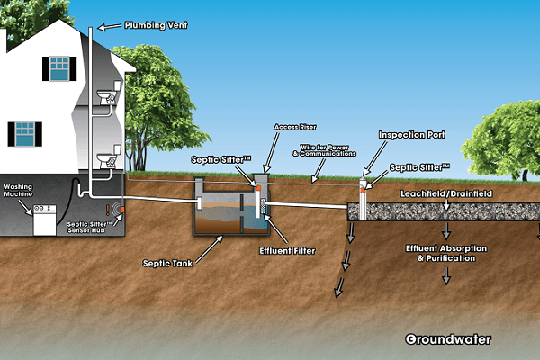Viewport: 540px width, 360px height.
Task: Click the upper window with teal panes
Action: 58,67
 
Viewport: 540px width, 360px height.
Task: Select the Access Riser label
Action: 292,129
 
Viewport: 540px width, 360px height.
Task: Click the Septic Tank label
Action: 164,264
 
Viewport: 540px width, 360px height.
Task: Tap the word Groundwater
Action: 448,339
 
